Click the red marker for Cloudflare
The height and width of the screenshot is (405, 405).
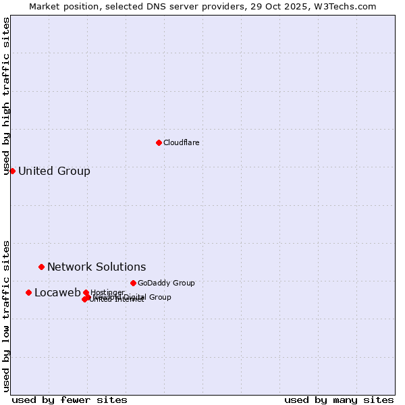[159, 142]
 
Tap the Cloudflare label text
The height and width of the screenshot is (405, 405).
[181, 142]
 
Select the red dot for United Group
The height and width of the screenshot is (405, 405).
[12, 171]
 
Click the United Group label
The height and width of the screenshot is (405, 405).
[54, 171]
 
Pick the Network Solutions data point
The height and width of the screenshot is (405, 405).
[41, 267]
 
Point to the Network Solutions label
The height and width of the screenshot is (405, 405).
[97, 267]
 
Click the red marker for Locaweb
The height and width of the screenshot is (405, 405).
[28, 292]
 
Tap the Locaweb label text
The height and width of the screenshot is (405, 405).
[57, 292]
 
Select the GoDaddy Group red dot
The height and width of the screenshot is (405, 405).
[133, 283]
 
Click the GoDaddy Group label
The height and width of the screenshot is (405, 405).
[166, 283]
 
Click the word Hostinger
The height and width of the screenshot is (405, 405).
[107, 292]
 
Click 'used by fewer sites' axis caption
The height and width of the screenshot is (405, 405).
[70, 400]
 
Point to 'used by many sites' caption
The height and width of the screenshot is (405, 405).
[339, 400]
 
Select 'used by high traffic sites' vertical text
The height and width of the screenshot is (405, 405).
[6, 96]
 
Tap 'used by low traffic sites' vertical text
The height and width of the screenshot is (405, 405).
[6, 315]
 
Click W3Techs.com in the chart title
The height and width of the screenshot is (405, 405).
[348, 6]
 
